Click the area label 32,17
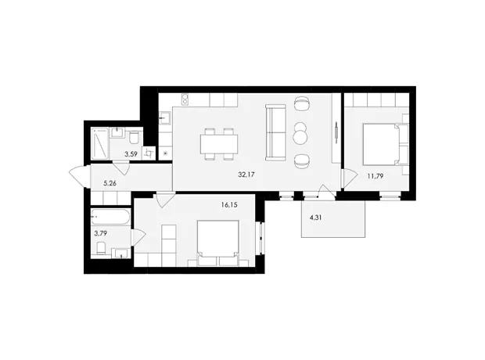point(246,175)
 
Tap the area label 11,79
point(375,176)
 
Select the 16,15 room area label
point(229,204)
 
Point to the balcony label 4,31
point(316,218)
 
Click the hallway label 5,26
point(110,183)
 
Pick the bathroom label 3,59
point(131,154)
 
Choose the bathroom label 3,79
point(101,233)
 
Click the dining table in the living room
point(219,144)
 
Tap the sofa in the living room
point(275,132)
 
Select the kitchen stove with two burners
point(185,99)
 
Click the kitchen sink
point(164,117)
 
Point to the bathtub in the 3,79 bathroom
point(111,217)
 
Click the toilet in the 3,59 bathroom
point(135,138)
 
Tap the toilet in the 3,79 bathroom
point(101,248)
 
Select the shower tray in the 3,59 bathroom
point(99,144)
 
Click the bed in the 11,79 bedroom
point(386,144)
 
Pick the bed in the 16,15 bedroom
point(218,243)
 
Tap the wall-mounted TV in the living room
point(336,132)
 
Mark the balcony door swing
point(326,191)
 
